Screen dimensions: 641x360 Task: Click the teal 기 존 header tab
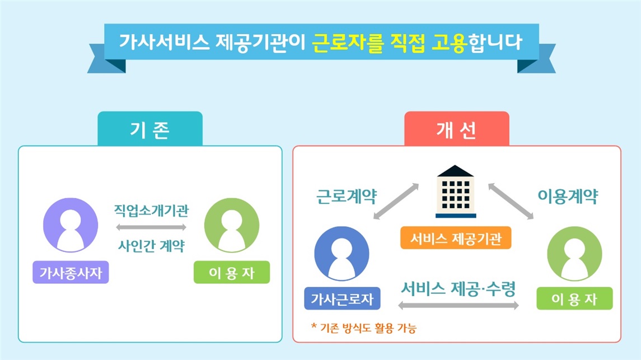tap(150, 128)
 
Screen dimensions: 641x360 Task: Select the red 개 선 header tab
tap(457, 128)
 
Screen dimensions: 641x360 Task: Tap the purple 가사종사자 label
tap(71, 272)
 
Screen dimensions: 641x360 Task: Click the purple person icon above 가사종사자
tap(71, 225)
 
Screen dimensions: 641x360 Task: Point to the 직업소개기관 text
tap(151, 211)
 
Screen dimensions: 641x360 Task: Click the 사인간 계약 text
tap(151, 246)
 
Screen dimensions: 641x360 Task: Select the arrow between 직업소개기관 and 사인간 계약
tap(151, 227)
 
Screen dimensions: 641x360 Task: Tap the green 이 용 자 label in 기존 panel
tap(232, 272)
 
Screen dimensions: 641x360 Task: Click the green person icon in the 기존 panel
tap(232, 225)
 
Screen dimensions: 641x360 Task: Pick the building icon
tap(455, 191)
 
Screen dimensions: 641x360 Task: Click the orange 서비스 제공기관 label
tap(456, 238)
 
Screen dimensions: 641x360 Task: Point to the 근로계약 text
tap(347, 197)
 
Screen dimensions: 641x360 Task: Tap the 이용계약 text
tap(568, 197)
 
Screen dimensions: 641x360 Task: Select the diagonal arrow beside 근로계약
tap(396, 202)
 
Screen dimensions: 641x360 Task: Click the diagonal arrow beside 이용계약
tap(511, 202)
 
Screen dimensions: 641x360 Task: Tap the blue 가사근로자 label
tap(342, 299)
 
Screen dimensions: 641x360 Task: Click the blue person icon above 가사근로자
tap(341, 254)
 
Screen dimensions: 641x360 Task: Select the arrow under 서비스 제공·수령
tap(458, 305)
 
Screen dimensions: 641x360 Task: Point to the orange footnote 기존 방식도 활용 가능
tap(364, 328)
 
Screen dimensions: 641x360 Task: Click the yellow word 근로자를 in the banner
tap(348, 43)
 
